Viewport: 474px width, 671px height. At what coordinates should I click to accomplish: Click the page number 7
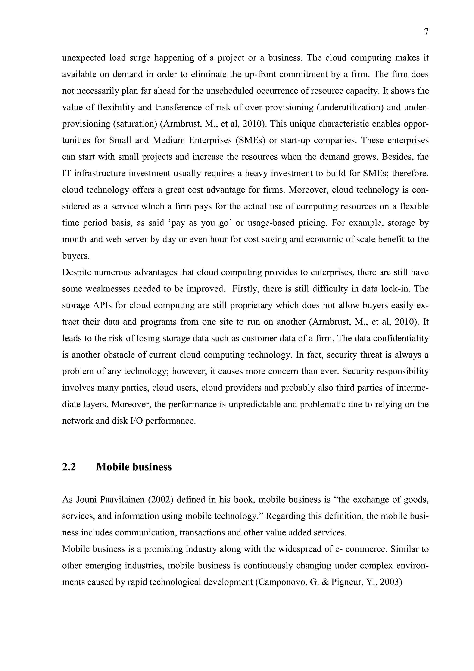(426, 32)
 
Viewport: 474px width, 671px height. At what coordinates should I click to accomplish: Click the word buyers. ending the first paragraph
(76, 256)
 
